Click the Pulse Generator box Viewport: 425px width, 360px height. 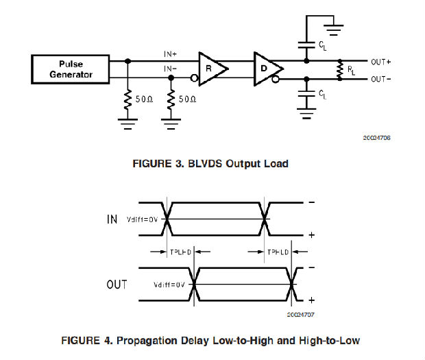point(71,69)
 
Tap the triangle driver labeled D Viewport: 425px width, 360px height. point(266,68)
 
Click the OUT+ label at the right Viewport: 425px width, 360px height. point(380,61)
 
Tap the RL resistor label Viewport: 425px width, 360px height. point(351,70)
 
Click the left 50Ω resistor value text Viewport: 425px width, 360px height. point(144,99)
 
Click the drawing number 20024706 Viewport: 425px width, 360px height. point(376,137)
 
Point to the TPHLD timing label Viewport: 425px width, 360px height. point(278,252)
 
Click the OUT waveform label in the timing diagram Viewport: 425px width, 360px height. point(117,284)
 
